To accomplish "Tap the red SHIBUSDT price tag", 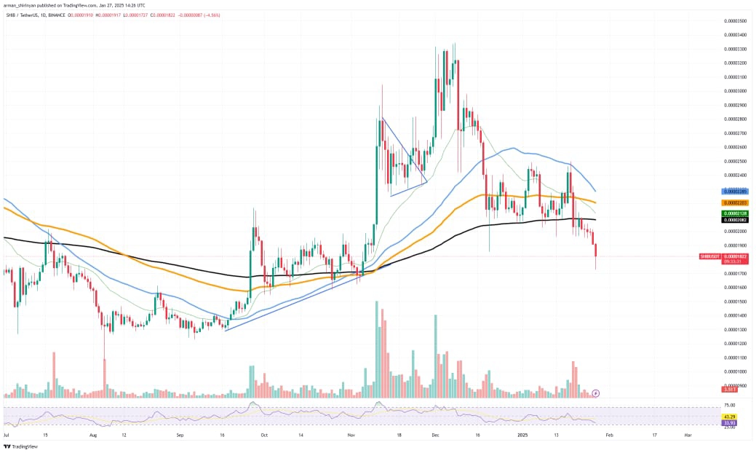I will point(714,256).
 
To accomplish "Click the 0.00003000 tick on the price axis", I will point(733,91).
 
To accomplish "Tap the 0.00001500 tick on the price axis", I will point(733,301).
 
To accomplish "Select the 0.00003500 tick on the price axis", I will point(733,21).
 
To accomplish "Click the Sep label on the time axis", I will point(180,434).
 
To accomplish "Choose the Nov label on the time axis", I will point(351,434).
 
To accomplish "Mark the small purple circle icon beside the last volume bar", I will point(596,393).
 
